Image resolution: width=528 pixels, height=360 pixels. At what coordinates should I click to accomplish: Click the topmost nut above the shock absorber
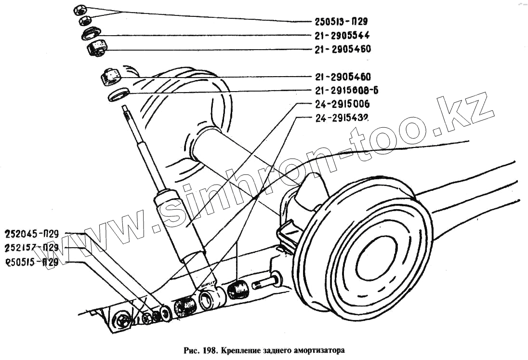pos(80,9)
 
